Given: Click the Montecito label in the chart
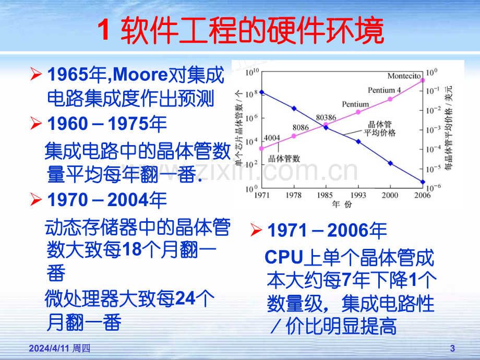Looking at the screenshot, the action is click(404, 76).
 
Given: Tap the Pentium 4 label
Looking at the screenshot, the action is click(384, 90).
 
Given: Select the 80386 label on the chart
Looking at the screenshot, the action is click(326, 117).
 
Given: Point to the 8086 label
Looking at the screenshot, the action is click(301, 127).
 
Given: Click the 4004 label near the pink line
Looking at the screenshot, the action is click(272, 138).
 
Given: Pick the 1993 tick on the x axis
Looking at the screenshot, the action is click(358, 195).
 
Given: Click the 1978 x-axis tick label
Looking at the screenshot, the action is click(294, 195).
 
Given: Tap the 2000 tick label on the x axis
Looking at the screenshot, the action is click(390, 195).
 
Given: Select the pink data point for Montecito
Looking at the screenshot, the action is click(423, 80).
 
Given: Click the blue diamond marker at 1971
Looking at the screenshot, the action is click(262, 92).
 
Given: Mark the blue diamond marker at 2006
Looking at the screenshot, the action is click(423, 182).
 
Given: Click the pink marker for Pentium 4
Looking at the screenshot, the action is click(390, 99).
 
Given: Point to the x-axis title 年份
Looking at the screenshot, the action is click(342, 204).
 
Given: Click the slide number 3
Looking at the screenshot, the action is click(452, 349).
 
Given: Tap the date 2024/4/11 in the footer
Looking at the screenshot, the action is click(49, 349).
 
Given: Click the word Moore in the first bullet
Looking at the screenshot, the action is click(140, 75).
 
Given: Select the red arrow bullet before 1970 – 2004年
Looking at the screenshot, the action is click(36, 200).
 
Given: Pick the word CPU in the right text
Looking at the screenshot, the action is click(284, 257).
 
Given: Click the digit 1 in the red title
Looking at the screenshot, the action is click(103, 30).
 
